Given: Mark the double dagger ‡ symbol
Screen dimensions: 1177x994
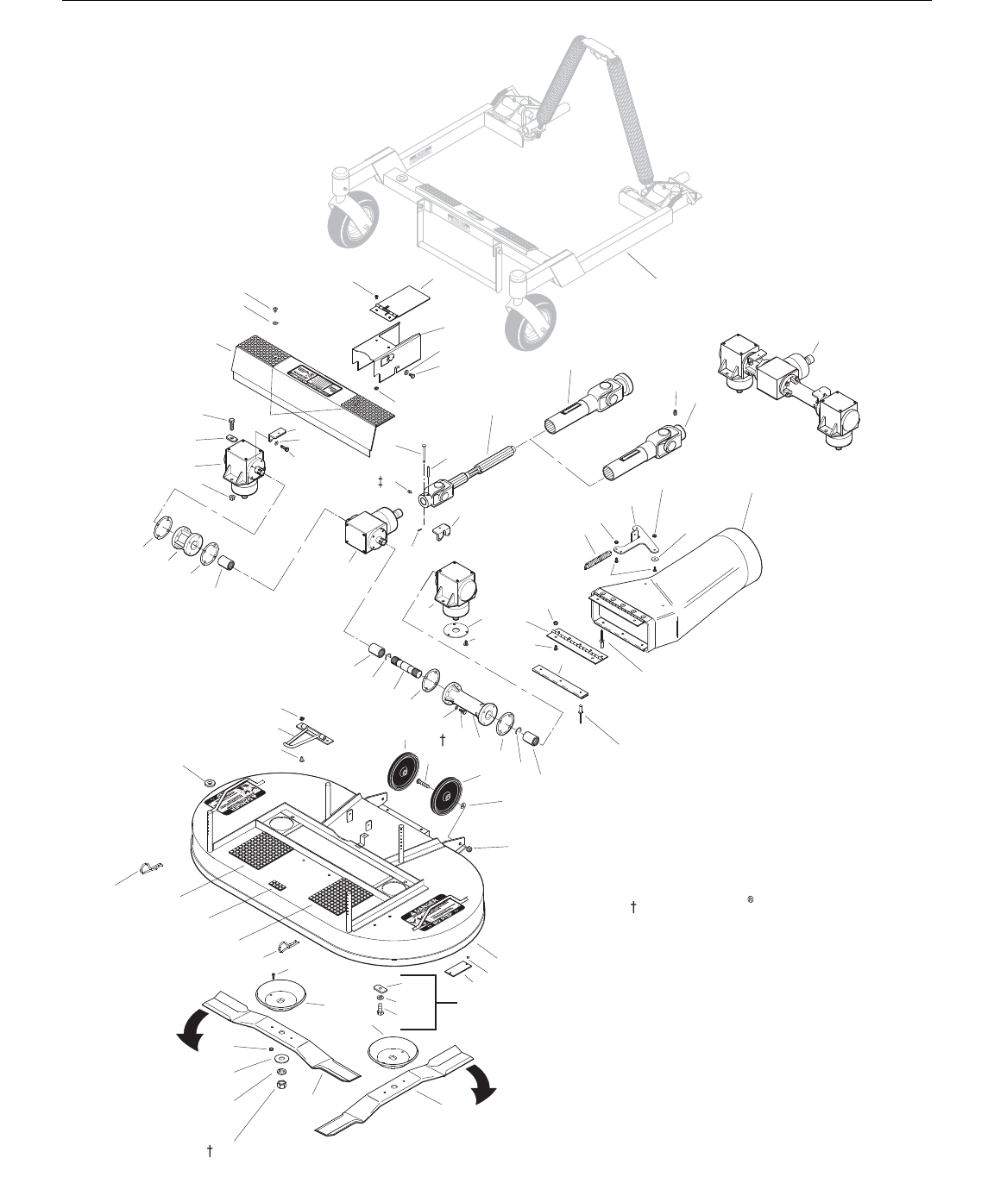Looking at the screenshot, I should point(381,480).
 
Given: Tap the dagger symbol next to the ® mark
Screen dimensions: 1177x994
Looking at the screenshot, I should point(633,906).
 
